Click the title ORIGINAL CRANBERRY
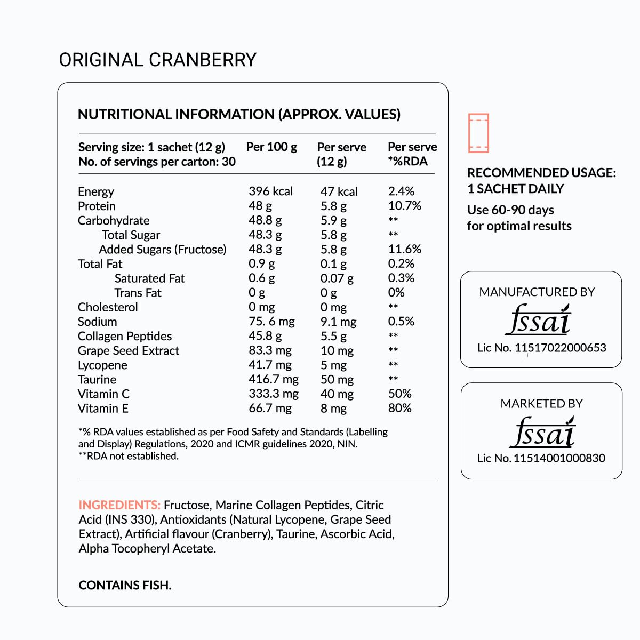tap(158, 60)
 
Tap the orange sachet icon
tap(478, 133)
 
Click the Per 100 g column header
tap(271, 147)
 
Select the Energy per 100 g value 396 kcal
tap(270, 191)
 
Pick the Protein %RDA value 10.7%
tap(404, 206)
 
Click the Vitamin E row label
tap(103, 409)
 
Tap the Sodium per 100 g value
tap(271, 322)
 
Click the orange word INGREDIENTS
tap(119, 505)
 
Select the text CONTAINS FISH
tap(125, 585)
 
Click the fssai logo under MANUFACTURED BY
tap(538, 319)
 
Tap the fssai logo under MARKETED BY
tap(542, 431)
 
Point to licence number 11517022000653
tap(560, 348)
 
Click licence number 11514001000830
tap(559, 458)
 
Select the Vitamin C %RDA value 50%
tap(399, 394)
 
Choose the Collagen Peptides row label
tap(125, 337)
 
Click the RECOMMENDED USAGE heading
tap(541, 173)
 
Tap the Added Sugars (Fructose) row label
tap(163, 250)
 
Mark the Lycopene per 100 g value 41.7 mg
tap(270, 365)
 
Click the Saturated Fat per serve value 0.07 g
tap(337, 278)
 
